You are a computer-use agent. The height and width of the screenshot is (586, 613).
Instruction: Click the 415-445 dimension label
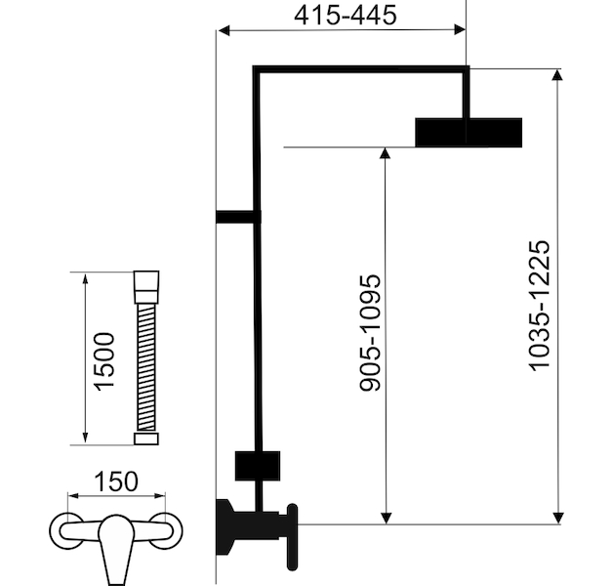(x=346, y=16)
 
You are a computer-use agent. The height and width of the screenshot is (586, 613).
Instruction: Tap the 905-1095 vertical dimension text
(x=370, y=333)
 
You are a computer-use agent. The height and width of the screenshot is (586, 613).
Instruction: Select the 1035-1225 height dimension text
(x=540, y=306)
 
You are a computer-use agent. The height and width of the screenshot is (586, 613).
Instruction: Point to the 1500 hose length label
(x=104, y=361)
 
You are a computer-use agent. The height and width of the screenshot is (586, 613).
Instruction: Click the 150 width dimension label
(x=116, y=481)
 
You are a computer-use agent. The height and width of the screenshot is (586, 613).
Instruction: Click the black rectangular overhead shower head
(x=469, y=132)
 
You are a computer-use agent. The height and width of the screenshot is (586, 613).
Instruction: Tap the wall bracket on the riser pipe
(x=238, y=217)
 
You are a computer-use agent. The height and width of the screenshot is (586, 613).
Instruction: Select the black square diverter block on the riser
(x=258, y=466)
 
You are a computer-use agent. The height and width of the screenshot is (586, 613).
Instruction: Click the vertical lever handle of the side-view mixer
(x=293, y=537)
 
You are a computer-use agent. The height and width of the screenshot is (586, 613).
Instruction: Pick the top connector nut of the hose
(x=146, y=287)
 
